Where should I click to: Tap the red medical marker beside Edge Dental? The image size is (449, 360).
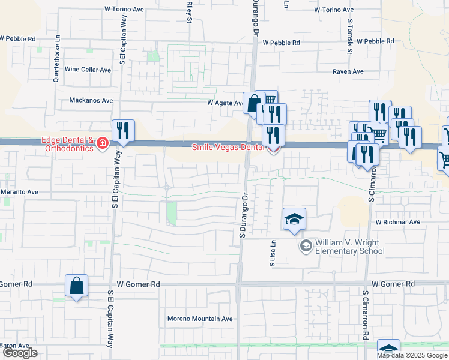103,143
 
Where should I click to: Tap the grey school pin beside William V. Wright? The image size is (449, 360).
306,246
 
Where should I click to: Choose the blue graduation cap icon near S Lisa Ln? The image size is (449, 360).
295,220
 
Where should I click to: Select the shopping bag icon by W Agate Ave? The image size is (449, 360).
254,103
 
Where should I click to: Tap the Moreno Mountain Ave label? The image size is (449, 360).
200,319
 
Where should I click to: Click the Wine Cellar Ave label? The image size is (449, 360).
88,70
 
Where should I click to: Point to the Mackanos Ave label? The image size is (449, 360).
91,100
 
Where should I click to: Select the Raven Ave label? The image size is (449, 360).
349,71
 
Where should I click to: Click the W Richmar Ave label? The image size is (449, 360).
398,221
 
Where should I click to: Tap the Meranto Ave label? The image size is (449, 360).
19,192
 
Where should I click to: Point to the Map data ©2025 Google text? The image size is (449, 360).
412,355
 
